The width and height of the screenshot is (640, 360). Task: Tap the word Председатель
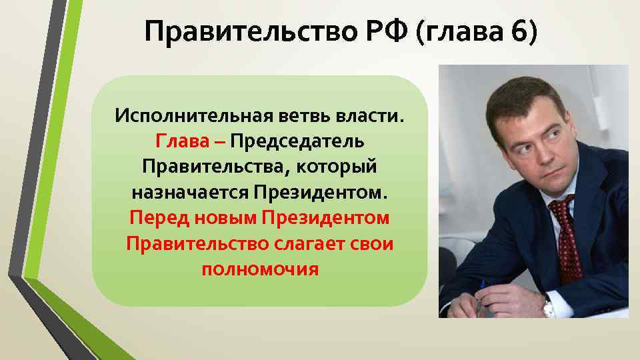297,141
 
